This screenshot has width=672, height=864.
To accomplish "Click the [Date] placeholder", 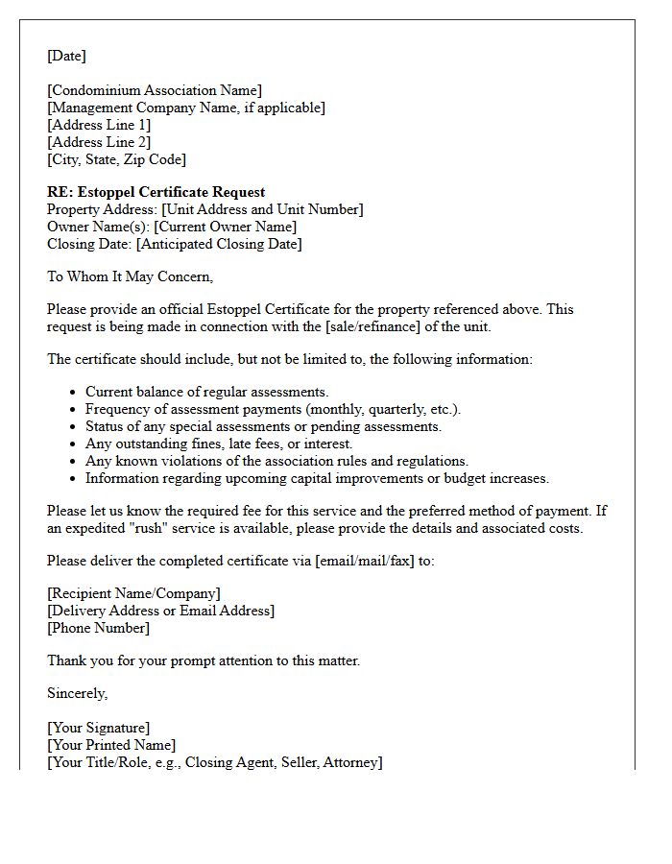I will pyautogui.click(x=66, y=57).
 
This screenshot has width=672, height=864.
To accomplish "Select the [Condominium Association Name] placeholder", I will pyautogui.click(x=155, y=91).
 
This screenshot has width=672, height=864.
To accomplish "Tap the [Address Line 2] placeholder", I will pyautogui.click(x=99, y=143).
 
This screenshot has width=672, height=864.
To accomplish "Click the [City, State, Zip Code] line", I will pyautogui.click(x=116, y=160).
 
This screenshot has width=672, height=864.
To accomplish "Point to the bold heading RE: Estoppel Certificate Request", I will pyautogui.click(x=156, y=193).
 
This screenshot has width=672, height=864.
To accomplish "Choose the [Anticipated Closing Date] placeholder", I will pyautogui.click(x=219, y=245).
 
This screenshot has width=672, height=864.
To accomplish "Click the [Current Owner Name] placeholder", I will pyautogui.click(x=226, y=228).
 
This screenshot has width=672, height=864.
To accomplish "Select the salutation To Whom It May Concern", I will pyautogui.click(x=130, y=277).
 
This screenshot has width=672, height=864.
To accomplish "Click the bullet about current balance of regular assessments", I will pyautogui.click(x=206, y=393).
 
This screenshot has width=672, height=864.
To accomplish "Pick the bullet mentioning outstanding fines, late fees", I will pyautogui.click(x=219, y=444).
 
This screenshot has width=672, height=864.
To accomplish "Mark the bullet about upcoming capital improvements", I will pyautogui.click(x=317, y=479).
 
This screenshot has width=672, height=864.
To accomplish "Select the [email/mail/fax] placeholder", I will pyautogui.click(x=360, y=562).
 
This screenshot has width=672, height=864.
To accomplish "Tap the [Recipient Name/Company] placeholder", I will pyautogui.click(x=133, y=594).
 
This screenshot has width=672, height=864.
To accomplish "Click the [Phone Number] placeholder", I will pyautogui.click(x=98, y=629).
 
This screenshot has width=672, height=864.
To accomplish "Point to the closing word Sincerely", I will pyautogui.click(x=77, y=694).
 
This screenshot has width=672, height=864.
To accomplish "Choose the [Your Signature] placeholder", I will pyautogui.click(x=98, y=729).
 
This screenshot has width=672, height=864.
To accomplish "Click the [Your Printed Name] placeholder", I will pyautogui.click(x=111, y=746).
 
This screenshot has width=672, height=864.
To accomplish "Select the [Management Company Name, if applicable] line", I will pyautogui.click(x=186, y=108).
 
